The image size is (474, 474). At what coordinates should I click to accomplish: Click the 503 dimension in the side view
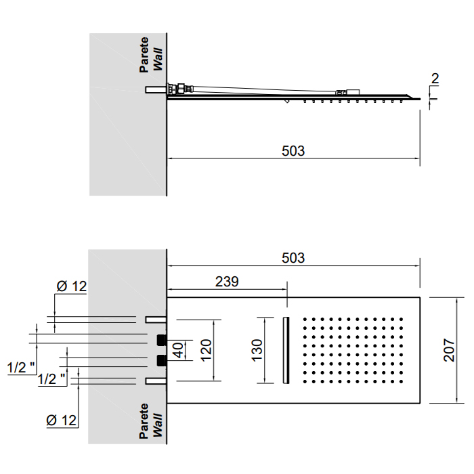point(293,151)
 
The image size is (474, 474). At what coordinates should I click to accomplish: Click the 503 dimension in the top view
point(293,258)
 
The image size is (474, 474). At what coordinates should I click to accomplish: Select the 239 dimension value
point(227,282)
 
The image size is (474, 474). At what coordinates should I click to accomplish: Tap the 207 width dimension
point(449,350)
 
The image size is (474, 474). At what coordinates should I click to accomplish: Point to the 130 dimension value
point(257,350)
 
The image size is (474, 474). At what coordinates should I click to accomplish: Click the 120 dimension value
point(206,350)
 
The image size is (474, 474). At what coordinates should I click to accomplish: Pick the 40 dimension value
point(178,350)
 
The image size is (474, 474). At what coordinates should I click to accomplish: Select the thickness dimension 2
point(435,79)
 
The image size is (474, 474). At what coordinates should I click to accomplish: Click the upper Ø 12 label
point(72,286)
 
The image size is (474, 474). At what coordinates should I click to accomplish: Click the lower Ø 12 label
point(62,421)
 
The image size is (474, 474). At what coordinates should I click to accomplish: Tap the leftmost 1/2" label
point(21,368)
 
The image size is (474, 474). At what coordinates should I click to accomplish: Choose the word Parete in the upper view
point(144,55)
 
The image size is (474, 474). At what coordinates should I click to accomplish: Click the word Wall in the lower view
point(158,425)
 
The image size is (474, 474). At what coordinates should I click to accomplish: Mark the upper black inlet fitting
point(162,340)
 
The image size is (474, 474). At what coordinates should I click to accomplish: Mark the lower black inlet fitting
point(162,360)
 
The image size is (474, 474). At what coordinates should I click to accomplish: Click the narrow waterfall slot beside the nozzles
point(286,350)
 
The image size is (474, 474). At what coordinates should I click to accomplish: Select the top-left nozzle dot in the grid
point(305,319)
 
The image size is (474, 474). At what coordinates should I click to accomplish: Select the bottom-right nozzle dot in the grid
point(402,381)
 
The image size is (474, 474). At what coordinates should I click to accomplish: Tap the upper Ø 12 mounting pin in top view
point(156,320)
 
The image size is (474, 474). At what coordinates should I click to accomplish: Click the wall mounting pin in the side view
point(156,89)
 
